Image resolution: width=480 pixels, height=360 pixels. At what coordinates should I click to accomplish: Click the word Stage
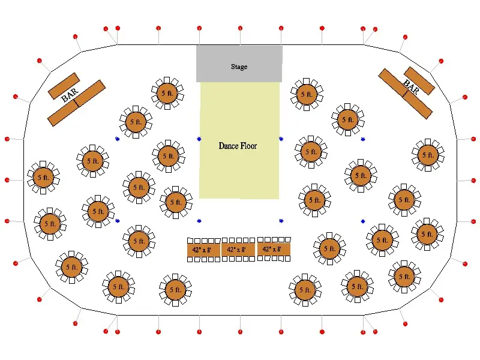pyautogui.click(x=239, y=67)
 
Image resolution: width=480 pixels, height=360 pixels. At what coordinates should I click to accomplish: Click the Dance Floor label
pyautogui.click(x=238, y=146)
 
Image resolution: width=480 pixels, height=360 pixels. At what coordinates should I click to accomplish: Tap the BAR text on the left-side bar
pyautogui.click(x=70, y=95)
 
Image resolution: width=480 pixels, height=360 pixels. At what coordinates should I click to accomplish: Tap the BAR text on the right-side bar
pyautogui.click(x=411, y=86)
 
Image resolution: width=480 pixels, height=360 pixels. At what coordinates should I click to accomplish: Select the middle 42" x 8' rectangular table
pyautogui.click(x=238, y=250)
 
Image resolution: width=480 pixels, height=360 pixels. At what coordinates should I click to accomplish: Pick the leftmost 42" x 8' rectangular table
pyautogui.click(x=203, y=250)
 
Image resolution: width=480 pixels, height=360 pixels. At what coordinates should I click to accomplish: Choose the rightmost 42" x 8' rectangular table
pyautogui.click(x=274, y=249)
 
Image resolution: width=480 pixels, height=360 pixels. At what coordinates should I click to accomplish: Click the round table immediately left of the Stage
pyautogui.click(x=167, y=93)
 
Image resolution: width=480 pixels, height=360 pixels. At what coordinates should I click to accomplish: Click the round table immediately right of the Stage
pyautogui.click(x=307, y=94)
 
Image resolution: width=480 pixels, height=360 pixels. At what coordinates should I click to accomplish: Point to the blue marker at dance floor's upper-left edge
pyautogui.click(x=199, y=139)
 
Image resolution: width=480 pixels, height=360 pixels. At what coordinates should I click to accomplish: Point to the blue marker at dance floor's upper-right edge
pyautogui.click(x=281, y=139)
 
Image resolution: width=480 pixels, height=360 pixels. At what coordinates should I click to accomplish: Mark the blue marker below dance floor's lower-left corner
pyautogui.click(x=199, y=221)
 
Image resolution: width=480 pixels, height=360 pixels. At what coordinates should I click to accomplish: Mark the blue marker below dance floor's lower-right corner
pyautogui.click(x=281, y=221)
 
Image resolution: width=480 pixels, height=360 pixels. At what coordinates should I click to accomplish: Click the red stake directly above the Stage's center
pyautogui.click(x=241, y=28)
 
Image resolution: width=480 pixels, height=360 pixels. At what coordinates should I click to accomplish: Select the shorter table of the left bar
pyautogui.click(x=64, y=86)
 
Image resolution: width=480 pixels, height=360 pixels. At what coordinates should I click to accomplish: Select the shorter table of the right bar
pyautogui.click(x=419, y=81)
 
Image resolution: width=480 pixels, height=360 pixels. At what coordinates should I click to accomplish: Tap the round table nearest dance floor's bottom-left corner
pyautogui.click(x=176, y=202)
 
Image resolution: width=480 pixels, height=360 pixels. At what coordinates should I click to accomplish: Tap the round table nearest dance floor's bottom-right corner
pyautogui.click(x=314, y=200)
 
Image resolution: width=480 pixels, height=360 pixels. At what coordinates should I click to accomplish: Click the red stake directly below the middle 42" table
pyautogui.click(x=241, y=332)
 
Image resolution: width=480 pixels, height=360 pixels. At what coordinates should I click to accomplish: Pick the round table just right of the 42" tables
pyautogui.click(x=329, y=248)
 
